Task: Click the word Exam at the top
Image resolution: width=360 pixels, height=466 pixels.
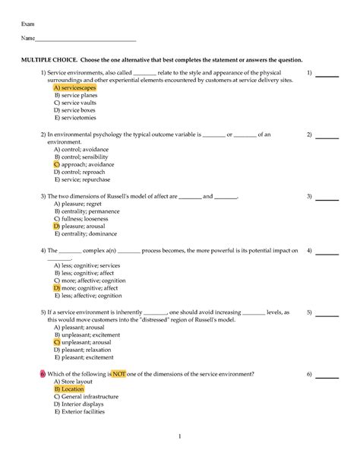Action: (x=27, y=24)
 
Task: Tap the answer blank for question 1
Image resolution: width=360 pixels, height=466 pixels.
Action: (x=327, y=74)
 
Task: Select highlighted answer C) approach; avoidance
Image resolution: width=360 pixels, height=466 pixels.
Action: (x=84, y=164)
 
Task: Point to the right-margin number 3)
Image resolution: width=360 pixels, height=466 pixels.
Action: (x=309, y=196)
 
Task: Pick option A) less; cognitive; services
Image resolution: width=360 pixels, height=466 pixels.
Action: (x=87, y=265)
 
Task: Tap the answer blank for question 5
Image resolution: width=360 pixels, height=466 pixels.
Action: (x=327, y=312)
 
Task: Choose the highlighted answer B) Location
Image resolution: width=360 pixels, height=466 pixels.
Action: (x=69, y=388)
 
